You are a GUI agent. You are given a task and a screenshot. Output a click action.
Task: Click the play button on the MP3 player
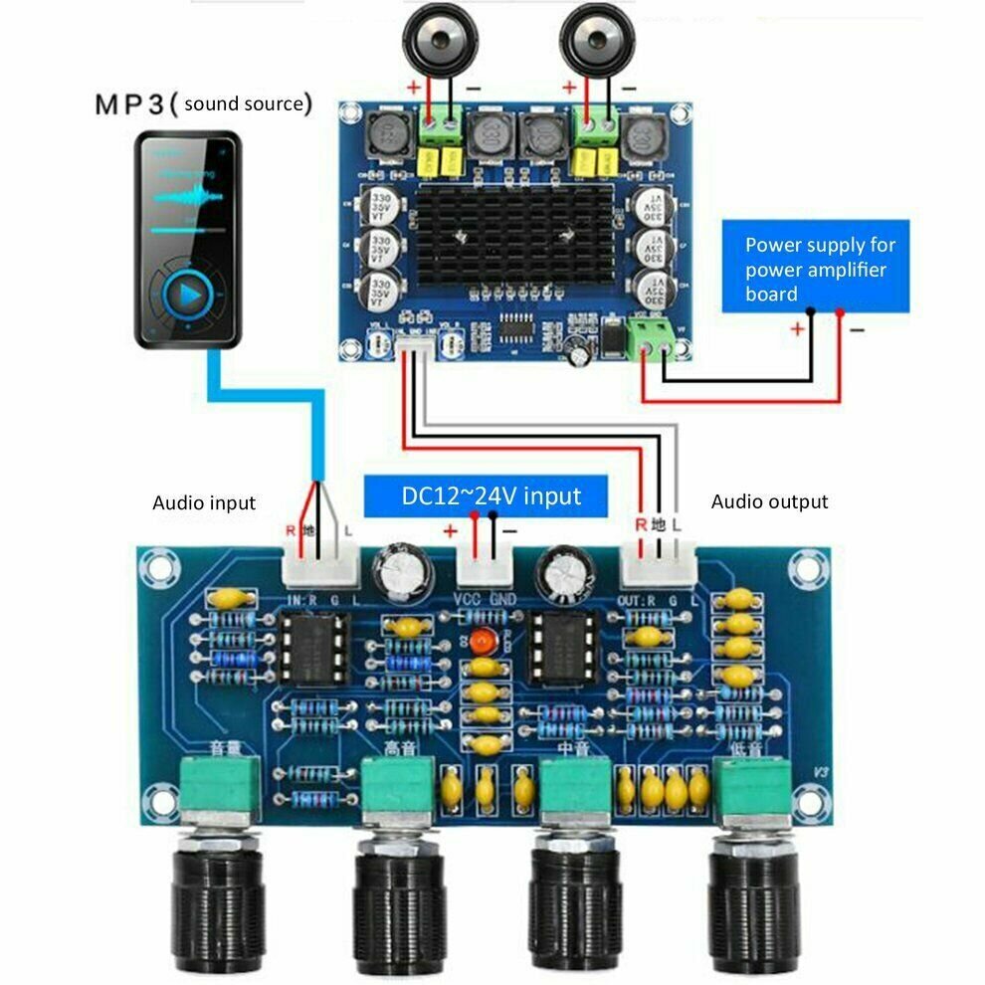[187, 295]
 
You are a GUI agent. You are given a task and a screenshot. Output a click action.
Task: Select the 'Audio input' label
[203, 503]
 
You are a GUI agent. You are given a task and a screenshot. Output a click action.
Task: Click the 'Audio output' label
[769, 502]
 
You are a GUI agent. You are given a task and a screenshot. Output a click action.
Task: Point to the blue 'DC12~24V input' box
[487, 494]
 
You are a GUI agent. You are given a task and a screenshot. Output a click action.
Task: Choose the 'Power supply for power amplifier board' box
[814, 269]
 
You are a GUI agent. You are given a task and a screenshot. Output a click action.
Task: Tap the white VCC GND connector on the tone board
[484, 570]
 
